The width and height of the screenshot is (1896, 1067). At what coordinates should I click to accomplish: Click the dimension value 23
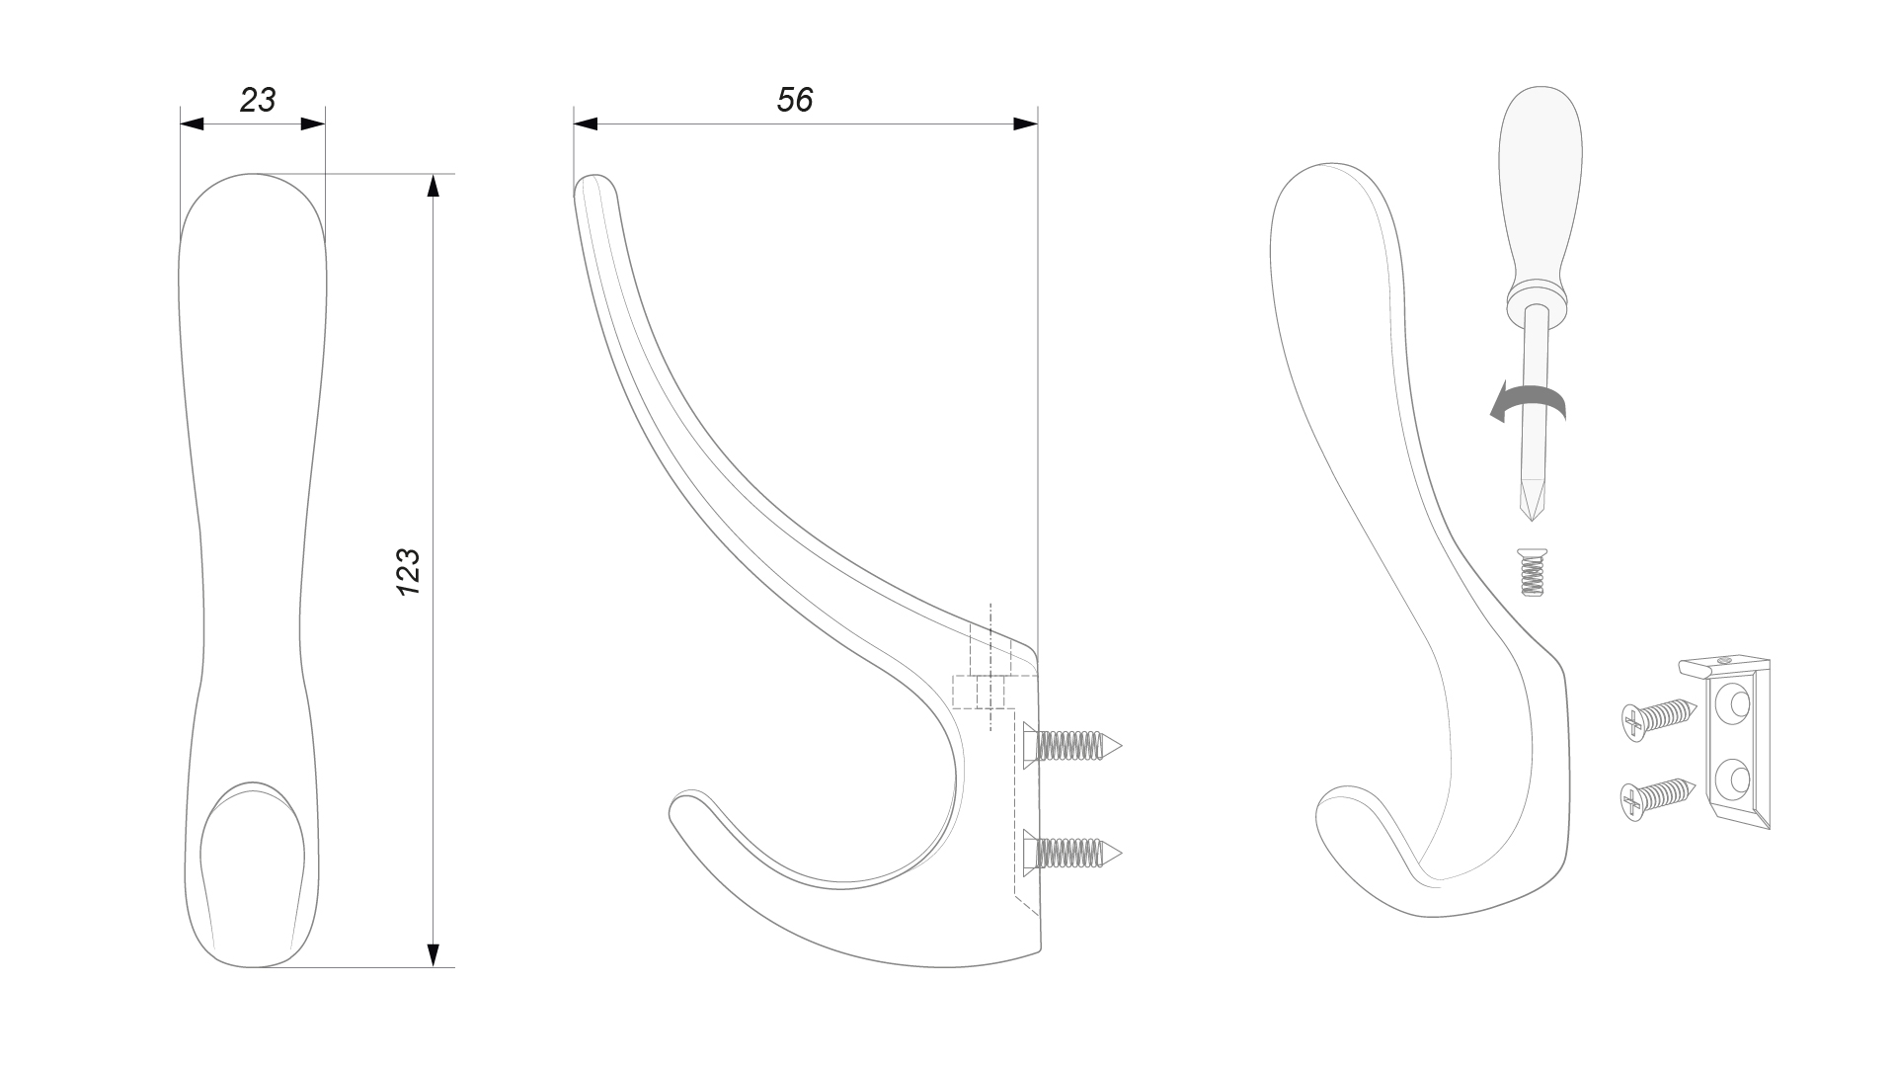tap(258, 100)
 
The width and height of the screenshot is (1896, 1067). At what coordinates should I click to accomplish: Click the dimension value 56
tap(795, 100)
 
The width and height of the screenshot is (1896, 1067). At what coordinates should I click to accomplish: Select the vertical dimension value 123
tap(408, 572)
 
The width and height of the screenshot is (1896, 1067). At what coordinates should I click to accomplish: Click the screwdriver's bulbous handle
tap(1540, 199)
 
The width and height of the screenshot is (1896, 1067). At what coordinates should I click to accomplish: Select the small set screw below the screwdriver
tap(1531, 573)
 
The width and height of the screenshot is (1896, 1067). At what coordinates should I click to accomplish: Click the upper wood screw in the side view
tap(1072, 744)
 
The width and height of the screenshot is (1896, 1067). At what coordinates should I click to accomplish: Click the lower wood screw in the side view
tap(1072, 851)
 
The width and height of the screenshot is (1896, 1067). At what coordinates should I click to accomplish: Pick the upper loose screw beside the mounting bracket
tap(1659, 718)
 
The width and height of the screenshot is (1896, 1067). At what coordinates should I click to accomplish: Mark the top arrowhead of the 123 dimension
tap(432, 186)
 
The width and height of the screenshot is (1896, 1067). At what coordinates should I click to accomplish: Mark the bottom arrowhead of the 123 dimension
tap(432, 954)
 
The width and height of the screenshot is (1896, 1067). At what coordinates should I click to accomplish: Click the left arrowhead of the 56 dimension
tap(586, 123)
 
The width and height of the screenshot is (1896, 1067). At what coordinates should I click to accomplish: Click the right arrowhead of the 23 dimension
tap(313, 123)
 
